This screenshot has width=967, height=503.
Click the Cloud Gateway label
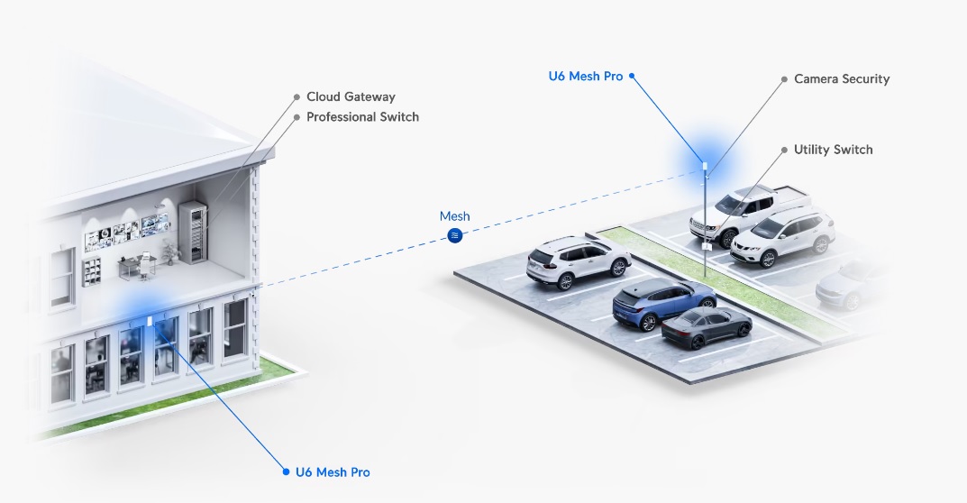tap(351, 96)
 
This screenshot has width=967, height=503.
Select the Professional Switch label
tap(362, 117)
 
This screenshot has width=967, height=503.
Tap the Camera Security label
tap(842, 79)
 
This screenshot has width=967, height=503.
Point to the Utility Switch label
tap(833, 150)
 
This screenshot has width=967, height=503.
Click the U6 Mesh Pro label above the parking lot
tap(586, 77)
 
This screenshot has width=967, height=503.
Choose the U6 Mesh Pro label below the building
tap(333, 472)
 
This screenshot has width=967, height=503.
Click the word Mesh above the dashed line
tap(454, 216)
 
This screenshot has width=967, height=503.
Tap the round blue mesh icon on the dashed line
tap(455, 235)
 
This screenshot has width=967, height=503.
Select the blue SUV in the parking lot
tap(652, 302)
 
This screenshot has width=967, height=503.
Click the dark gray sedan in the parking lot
tap(707, 328)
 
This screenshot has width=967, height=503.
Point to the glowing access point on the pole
tap(705, 168)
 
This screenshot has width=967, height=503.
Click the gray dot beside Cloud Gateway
tap(296, 96)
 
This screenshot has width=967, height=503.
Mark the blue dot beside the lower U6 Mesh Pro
tap(286, 472)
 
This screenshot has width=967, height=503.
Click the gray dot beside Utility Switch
tap(784, 150)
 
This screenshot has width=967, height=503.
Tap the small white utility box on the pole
tap(707, 245)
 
